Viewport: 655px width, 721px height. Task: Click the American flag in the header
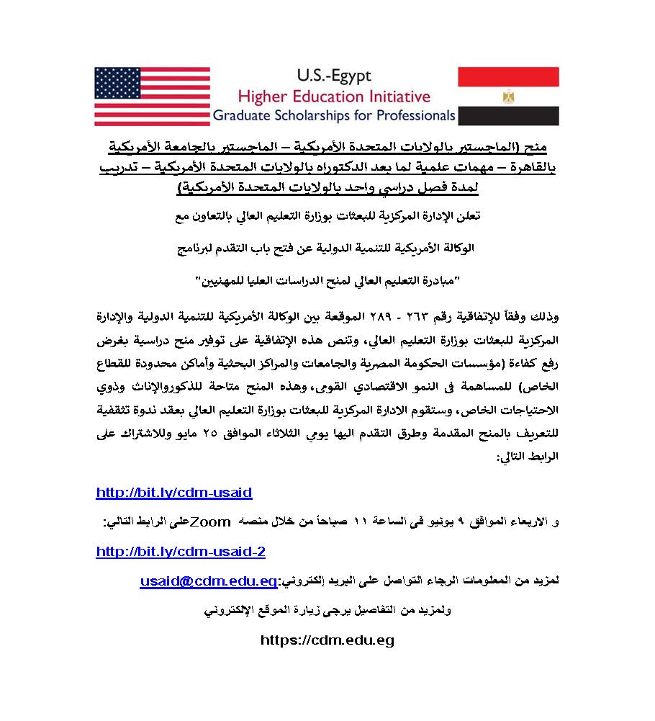click(x=152, y=97)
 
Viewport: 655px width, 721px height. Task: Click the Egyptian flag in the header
click(x=508, y=97)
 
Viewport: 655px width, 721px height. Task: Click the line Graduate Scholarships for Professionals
click(x=333, y=115)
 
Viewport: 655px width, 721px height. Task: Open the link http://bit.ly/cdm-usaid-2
click(x=181, y=552)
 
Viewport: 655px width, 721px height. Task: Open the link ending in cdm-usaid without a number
click(x=174, y=493)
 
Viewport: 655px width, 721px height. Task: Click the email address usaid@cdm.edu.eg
click(x=209, y=581)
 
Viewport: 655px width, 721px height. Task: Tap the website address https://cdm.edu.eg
click(x=327, y=640)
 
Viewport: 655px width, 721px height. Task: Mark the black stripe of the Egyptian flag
click(x=508, y=116)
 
